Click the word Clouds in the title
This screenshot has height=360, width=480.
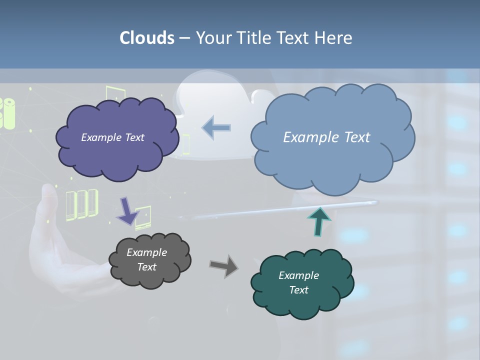(x=146, y=38)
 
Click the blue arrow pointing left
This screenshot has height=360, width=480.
(x=216, y=128)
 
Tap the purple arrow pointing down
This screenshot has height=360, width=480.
(x=127, y=210)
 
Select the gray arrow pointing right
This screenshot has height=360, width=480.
(x=224, y=265)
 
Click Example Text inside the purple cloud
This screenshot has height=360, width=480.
(x=112, y=137)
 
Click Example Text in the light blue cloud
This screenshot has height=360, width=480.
(x=326, y=137)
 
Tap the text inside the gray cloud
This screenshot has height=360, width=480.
(x=146, y=259)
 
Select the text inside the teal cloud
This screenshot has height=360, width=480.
(x=298, y=282)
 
